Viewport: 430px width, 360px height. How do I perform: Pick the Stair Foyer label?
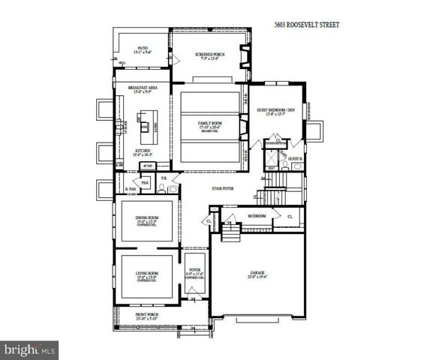pos(223,188)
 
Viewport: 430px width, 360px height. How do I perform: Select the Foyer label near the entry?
pos(195,271)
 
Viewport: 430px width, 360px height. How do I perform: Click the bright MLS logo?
pos(30,349)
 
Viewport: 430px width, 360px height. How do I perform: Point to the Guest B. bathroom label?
pos(295,159)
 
